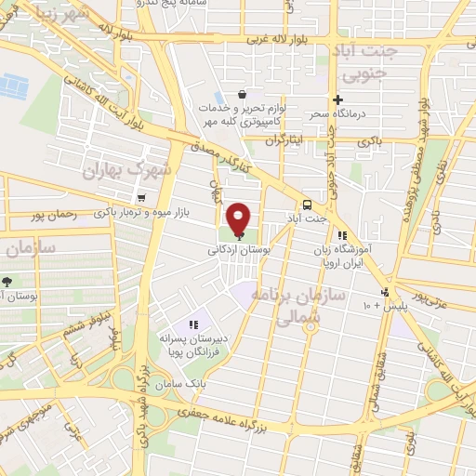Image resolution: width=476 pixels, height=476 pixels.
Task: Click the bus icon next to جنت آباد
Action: point(306,206)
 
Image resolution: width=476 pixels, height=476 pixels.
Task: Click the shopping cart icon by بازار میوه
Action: point(140,197)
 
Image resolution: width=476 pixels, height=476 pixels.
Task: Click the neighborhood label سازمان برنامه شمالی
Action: point(308,305)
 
